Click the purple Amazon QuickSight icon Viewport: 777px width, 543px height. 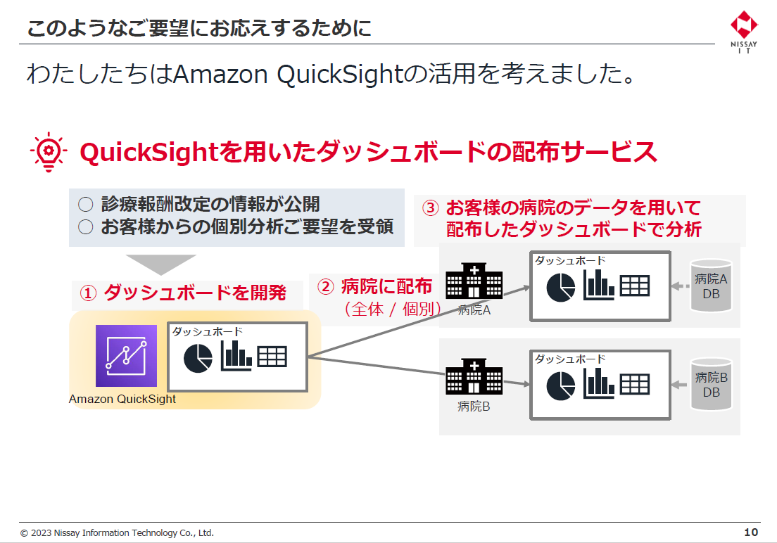pyautogui.click(x=127, y=356)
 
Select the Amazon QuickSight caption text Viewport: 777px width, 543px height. pyautogui.click(x=122, y=400)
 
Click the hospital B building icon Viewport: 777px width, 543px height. pyautogui.click(x=474, y=377)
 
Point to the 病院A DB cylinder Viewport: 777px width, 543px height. pyautogui.click(x=711, y=286)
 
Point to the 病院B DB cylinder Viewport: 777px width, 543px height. pyautogui.click(x=711, y=384)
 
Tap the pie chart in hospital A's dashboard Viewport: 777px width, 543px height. pyautogui.click(x=561, y=287)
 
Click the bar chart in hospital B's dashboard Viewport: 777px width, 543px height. pyautogui.click(x=599, y=383)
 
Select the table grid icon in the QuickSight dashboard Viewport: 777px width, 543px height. pyautogui.click(x=272, y=357)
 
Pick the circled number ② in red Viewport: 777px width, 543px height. pyautogui.click(x=325, y=286)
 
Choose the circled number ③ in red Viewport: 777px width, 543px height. pyautogui.click(x=430, y=208)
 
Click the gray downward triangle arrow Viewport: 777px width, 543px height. pyautogui.click(x=160, y=264)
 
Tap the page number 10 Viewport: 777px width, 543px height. pyautogui.click(x=751, y=532)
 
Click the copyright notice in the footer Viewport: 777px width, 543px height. pyautogui.click(x=117, y=533)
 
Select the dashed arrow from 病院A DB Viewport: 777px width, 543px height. pyautogui.click(x=676, y=286)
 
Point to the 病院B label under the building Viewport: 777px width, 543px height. pyautogui.click(x=474, y=406)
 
